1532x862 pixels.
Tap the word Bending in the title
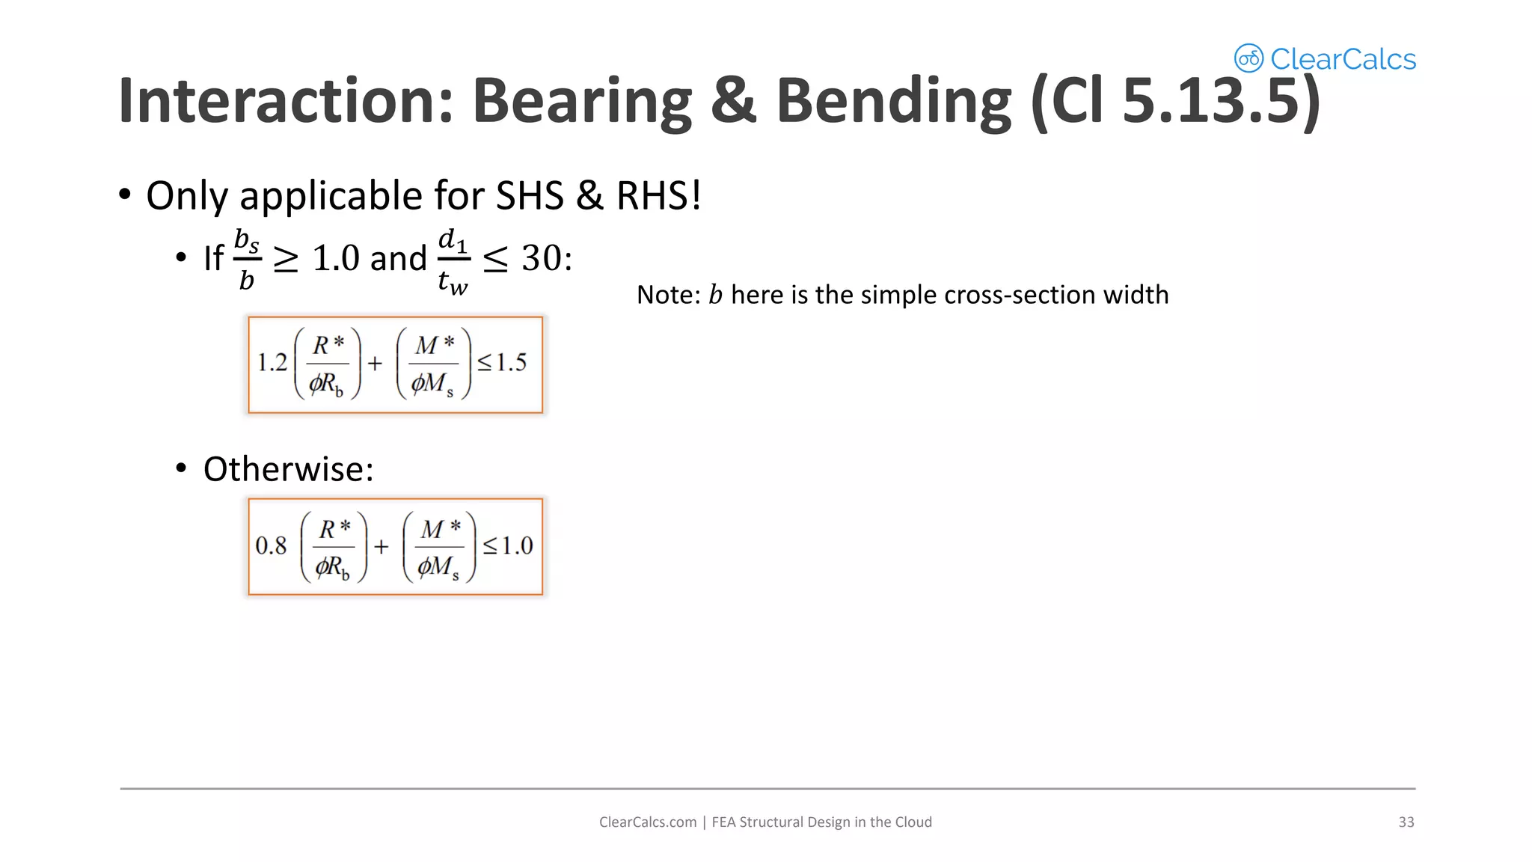click(x=893, y=101)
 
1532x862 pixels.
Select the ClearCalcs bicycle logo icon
click(x=1248, y=58)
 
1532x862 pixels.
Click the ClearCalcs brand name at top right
click(x=1343, y=59)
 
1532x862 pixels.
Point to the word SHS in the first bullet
click(x=530, y=196)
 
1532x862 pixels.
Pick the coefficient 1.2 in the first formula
click(x=272, y=364)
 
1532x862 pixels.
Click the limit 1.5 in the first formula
click(x=511, y=364)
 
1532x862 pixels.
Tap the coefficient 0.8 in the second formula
click(x=271, y=546)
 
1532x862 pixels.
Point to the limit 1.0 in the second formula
click(x=517, y=546)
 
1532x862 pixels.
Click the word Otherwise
click(x=288, y=470)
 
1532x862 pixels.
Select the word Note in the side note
click(x=667, y=296)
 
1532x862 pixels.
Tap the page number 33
click(x=1406, y=822)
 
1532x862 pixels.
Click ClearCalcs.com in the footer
click(x=647, y=822)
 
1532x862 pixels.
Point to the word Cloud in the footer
click(x=913, y=822)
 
